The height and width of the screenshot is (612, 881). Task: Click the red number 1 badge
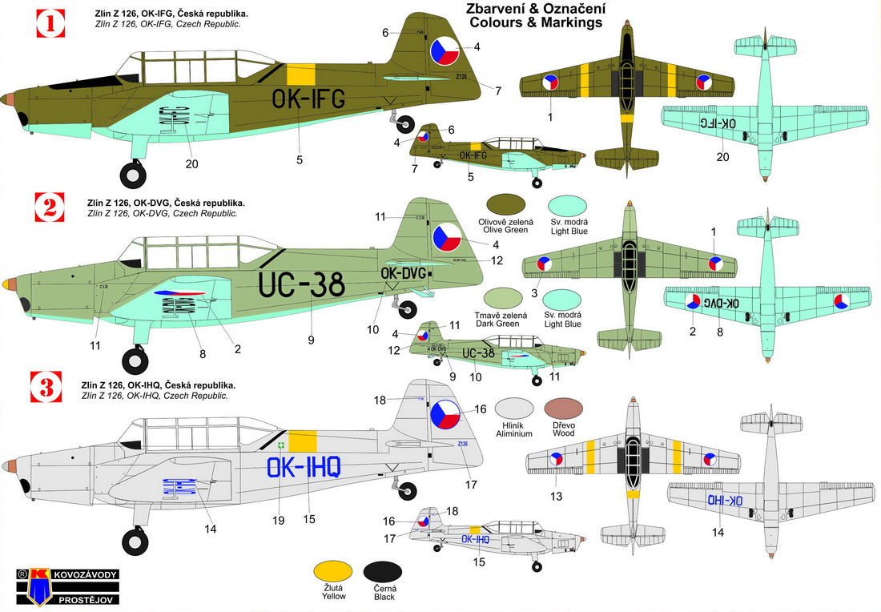(x=50, y=23)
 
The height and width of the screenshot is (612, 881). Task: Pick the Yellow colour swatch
(x=332, y=570)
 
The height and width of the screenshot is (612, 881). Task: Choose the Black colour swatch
(x=383, y=570)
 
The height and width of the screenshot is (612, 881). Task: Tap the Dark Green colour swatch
(x=505, y=298)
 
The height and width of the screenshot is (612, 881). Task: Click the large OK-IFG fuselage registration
(x=308, y=99)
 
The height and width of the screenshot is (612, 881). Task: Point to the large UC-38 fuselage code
(x=301, y=284)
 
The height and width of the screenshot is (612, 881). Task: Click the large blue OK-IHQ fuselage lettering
(x=304, y=465)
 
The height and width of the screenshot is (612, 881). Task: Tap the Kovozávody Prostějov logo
(x=54, y=586)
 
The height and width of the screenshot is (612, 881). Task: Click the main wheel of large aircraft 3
(x=134, y=542)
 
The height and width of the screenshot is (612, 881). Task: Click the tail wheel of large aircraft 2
(x=407, y=308)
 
